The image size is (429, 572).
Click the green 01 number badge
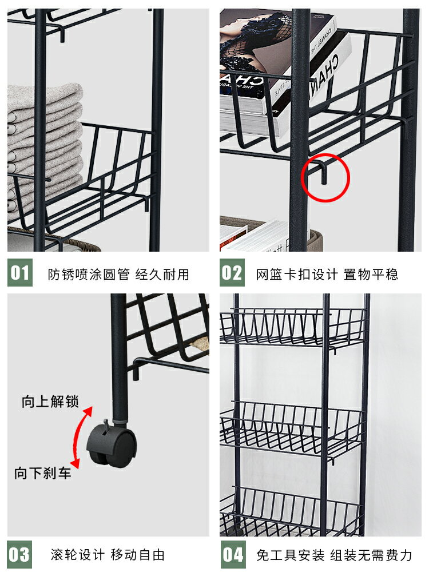[x=20, y=273]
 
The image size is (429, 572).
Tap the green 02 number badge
[x=232, y=273]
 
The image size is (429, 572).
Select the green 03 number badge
[x=20, y=554]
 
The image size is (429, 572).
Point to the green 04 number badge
[x=232, y=554]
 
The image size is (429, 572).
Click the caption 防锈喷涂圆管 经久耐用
[x=118, y=274]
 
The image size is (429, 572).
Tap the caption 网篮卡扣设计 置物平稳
[x=327, y=274]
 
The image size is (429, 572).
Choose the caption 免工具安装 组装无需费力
[x=334, y=554]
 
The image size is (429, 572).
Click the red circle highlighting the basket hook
[x=324, y=177]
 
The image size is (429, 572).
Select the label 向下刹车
[x=43, y=473]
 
